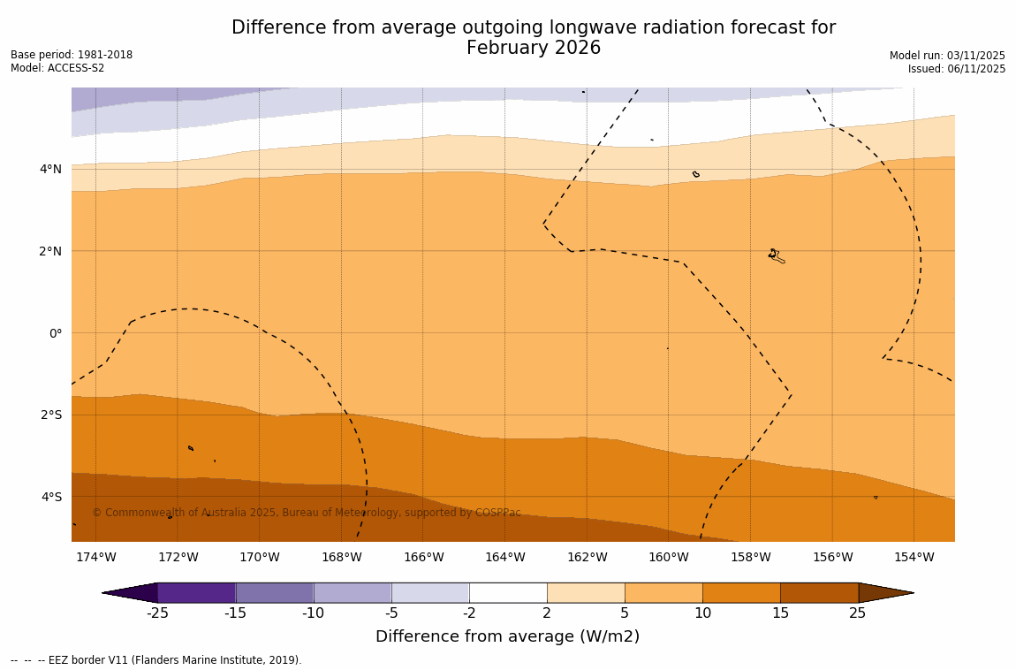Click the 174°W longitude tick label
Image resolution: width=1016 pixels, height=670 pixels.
point(95,557)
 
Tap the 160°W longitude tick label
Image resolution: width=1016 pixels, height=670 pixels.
point(669,557)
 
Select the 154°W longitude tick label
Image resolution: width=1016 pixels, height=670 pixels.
point(914,557)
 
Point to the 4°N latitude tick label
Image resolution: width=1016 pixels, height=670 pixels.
point(50,169)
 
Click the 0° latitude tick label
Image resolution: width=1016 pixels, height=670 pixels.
point(55,333)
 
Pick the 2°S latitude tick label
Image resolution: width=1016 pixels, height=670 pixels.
point(50,415)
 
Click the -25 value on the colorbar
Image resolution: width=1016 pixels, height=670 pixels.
point(157,613)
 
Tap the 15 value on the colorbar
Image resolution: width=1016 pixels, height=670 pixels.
point(780,613)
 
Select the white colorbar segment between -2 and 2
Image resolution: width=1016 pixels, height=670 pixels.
point(508,592)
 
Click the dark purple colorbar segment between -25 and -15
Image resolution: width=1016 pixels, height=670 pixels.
point(196,592)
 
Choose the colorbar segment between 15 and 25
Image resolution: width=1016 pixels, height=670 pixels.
point(819,592)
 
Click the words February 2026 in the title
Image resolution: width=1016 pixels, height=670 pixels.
point(534,49)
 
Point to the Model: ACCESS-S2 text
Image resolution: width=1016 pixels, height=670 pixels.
point(57,68)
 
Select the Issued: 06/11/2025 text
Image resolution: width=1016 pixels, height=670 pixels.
point(957,69)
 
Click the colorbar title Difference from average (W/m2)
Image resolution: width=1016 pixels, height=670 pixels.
point(507,636)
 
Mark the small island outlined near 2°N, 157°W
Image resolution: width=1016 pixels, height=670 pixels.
point(776,256)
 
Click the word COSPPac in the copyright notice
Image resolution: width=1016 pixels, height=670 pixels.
point(497,513)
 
